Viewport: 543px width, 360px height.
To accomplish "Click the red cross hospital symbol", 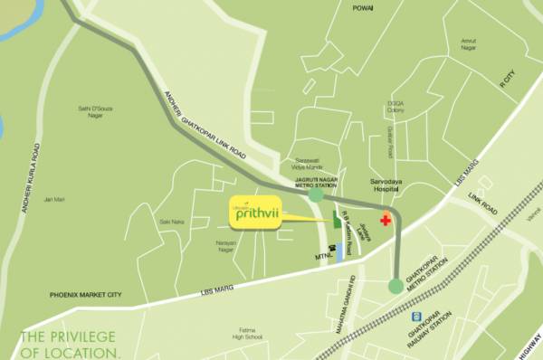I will point(386,220).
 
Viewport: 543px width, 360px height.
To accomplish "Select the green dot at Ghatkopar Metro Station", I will point(395,286).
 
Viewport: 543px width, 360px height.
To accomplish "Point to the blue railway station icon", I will point(416,317).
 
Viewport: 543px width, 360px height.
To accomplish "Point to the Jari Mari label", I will point(55,199).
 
